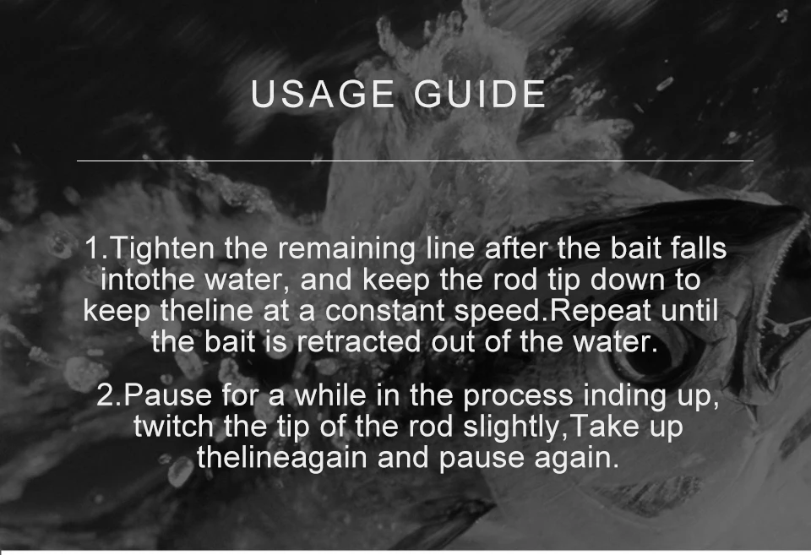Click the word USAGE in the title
(323, 94)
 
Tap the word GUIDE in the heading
(480, 94)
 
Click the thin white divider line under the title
(415, 161)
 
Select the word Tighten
(162, 249)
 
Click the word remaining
(346, 249)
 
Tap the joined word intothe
(147, 280)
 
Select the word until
(689, 311)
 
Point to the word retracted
(358, 342)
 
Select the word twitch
(173, 427)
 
